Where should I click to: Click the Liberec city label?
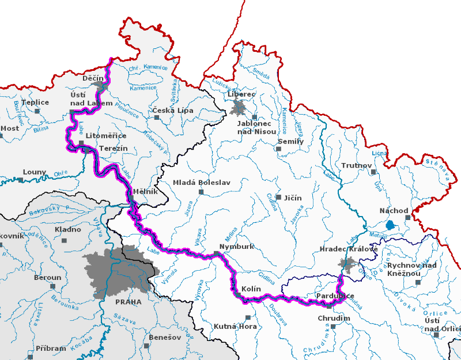coord(242,93)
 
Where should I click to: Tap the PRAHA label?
coord(128,302)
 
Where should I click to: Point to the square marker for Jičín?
coord(278,197)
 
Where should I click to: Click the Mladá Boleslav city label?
coord(202,183)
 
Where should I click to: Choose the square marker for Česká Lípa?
coord(156,118)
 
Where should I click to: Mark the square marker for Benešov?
coord(147,346)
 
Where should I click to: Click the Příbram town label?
coord(51,348)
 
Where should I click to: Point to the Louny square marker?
coord(21,180)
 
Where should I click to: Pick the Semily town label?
coord(290,141)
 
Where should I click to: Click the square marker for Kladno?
coord(64,240)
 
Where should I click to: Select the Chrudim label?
coord(334,319)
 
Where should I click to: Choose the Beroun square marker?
coord(52,286)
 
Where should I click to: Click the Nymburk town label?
coord(238,246)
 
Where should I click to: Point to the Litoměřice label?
coord(107,135)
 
